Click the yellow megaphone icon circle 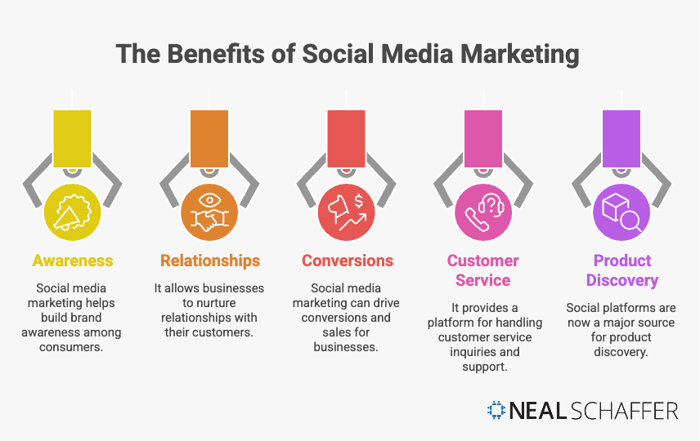[x=73, y=212]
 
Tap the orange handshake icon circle [x=210, y=212]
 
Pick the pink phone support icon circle [x=483, y=212]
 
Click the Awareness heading [x=73, y=261]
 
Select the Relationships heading [x=210, y=261]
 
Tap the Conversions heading [x=348, y=261]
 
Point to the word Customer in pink [x=482, y=261]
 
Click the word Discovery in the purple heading [x=621, y=281]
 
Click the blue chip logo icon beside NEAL [x=496, y=411]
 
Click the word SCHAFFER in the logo [x=622, y=411]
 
